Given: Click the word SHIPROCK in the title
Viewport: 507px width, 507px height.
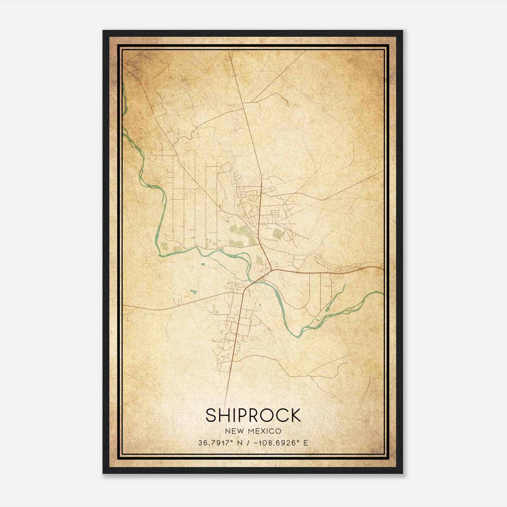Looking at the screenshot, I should [x=253, y=415].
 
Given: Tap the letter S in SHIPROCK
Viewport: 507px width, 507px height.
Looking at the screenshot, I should [x=211, y=415].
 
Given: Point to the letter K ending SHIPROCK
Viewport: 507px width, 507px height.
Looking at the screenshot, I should [x=296, y=415].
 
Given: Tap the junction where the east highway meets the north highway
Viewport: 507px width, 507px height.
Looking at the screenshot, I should [x=271, y=270].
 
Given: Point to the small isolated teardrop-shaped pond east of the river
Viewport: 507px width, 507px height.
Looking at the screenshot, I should [x=260, y=305].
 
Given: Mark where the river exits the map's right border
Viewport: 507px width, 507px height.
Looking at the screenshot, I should [x=383, y=293].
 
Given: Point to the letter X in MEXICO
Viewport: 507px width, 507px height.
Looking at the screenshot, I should [x=262, y=431].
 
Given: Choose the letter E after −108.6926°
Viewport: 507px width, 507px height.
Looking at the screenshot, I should [x=305, y=443].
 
